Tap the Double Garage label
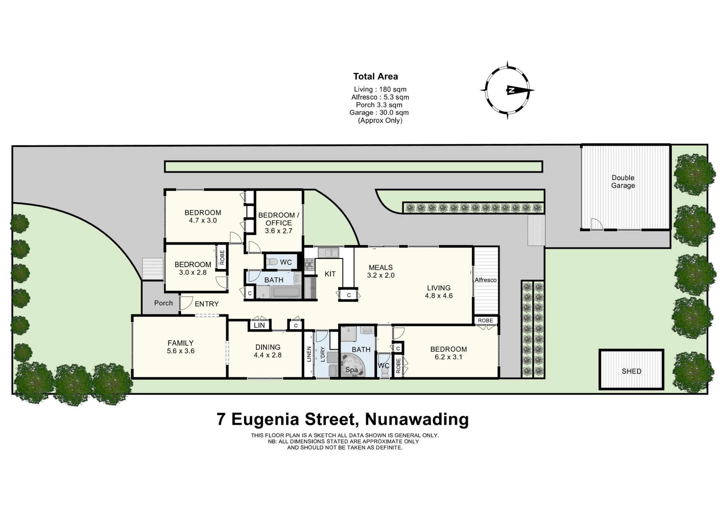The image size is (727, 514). coord(623,182)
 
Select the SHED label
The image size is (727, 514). coord(632,371)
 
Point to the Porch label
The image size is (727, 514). coord(164,303)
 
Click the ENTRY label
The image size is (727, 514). coord(207,304)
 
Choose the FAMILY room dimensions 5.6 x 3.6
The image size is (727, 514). coord(181,351)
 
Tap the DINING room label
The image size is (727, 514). coord(268,347)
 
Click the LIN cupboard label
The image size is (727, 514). coord(259,326)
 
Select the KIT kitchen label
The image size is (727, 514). coord(330,274)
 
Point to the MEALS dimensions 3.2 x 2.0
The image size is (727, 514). coord(381,276)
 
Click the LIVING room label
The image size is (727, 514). coord(439,288)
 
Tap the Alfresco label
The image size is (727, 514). coord(485,280)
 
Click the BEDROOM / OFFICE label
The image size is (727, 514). coord(279,219)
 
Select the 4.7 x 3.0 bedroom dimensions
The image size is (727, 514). coord(203,220)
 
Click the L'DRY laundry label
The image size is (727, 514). coord(323,354)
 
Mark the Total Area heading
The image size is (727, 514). coord(376,76)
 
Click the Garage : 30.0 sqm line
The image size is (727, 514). coord(379,112)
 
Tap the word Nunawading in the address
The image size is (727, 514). coord(417,419)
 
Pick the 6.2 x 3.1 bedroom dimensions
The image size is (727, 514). coord(449,357)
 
